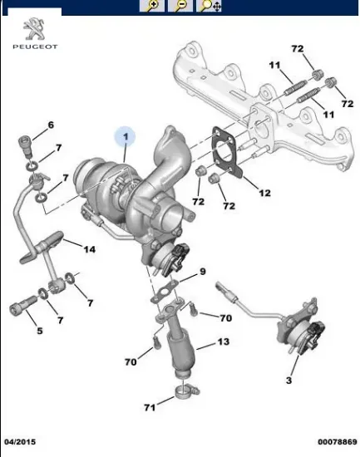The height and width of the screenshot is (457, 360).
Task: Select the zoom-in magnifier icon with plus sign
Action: pos(153,6)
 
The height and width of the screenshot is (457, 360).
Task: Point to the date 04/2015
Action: pos(20,442)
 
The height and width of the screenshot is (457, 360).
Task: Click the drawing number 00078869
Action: pos(337,442)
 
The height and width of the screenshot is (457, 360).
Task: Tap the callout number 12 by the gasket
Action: pos(264,193)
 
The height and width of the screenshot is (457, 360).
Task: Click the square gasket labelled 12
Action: pos(224,153)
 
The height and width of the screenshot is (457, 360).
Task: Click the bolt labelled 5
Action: pos(18,309)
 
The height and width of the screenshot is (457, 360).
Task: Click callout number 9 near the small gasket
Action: pos(201,273)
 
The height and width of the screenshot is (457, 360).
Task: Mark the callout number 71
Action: pos(150,407)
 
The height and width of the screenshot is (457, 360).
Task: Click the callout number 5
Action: pos(38,332)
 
